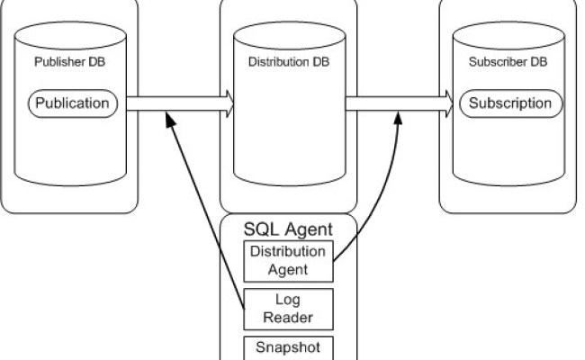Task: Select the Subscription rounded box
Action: pos(510,103)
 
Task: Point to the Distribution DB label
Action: pos(290,63)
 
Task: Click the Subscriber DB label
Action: pos(508,63)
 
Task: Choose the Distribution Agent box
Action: pos(289,259)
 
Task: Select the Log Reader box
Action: pos(289,308)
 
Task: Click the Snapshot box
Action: pos(289,347)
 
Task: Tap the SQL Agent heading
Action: pos(289,229)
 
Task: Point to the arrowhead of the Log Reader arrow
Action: pos(167,120)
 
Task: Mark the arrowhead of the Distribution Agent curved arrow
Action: pos(397,120)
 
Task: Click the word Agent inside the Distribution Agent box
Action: pos(289,267)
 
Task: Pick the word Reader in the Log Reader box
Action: pos(289,316)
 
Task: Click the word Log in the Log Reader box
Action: pos(289,300)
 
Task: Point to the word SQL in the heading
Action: pos(262,229)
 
